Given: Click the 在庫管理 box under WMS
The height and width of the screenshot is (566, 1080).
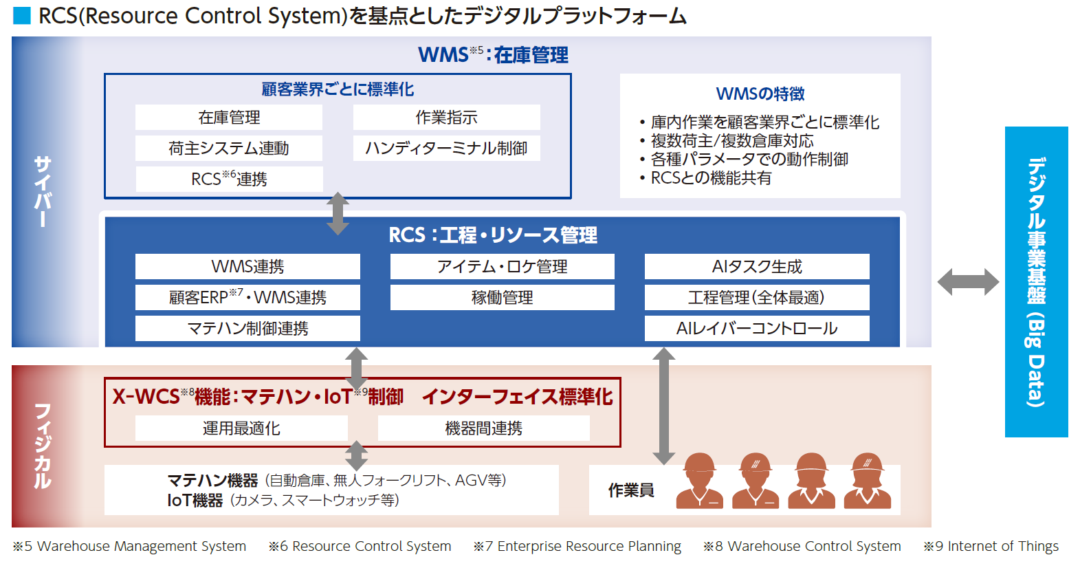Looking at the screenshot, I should click(229, 118).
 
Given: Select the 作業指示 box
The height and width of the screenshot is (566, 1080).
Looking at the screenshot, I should click(446, 118).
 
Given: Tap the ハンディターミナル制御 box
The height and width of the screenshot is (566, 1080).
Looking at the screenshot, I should click(446, 149).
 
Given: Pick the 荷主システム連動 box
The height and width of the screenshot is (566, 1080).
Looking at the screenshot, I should click(229, 149).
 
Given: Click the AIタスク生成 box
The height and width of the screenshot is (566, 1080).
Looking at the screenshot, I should click(756, 267).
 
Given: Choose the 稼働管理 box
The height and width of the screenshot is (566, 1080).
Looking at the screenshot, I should click(502, 298).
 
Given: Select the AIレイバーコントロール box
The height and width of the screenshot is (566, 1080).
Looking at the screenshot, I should click(756, 329).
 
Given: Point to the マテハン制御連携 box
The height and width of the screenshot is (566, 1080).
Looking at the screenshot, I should click(247, 329).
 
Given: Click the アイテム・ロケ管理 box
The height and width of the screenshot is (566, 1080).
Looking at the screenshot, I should click(502, 267).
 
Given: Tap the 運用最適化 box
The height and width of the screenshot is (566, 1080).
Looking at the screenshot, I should click(241, 428).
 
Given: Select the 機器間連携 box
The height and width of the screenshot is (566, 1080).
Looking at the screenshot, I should click(483, 428).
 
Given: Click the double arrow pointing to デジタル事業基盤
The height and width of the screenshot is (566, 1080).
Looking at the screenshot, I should click(968, 282).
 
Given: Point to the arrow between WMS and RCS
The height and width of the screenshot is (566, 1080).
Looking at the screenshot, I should click(337, 213).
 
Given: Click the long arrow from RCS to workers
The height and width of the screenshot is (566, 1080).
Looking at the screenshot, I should click(663, 406).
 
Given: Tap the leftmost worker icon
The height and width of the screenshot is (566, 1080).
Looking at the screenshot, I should click(699, 481).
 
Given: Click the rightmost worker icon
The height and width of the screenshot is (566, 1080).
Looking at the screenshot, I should click(867, 481).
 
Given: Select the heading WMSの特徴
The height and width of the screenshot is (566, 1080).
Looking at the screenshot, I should click(760, 94).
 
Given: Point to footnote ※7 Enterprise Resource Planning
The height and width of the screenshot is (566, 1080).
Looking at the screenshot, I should click(577, 547).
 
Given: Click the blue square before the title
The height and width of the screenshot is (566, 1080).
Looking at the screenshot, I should click(22, 16).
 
